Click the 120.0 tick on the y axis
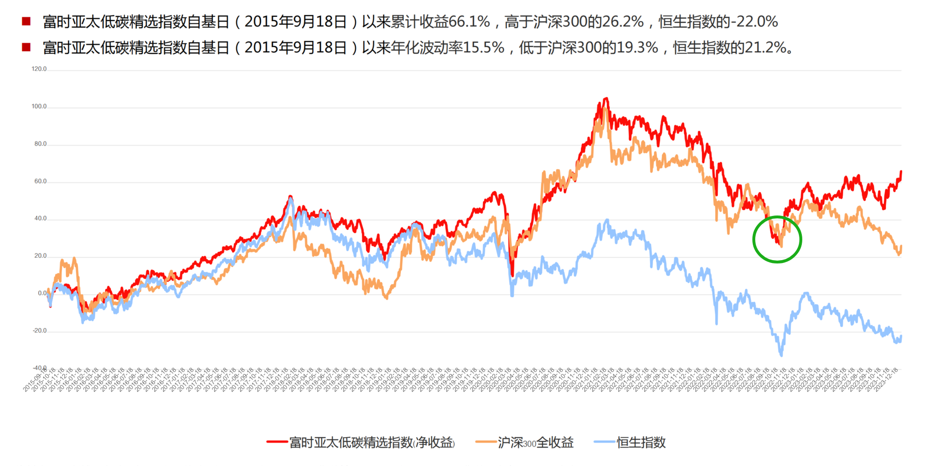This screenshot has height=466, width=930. pos(39,69)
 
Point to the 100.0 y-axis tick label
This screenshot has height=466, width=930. pos(39,107)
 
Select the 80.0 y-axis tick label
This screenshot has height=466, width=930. pos(40,144)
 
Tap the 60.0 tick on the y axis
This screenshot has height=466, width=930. pos(40,181)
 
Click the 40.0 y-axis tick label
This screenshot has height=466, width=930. pos(40,218)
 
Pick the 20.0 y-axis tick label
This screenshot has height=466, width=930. pos(40,256)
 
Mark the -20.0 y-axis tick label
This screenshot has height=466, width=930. pos(39,331)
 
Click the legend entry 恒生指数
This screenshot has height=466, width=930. pos(641,442)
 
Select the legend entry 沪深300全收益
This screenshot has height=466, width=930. pos(535,442)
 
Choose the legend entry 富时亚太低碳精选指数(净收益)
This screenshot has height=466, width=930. pos(372,442)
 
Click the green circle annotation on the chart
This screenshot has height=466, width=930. pos(777,239)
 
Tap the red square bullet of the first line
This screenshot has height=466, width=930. pos(26,21)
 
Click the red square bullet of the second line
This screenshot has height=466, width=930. pos(26,47)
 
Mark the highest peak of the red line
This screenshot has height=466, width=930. pos(606,99)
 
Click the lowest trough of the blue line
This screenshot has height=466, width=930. pos(781,355)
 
